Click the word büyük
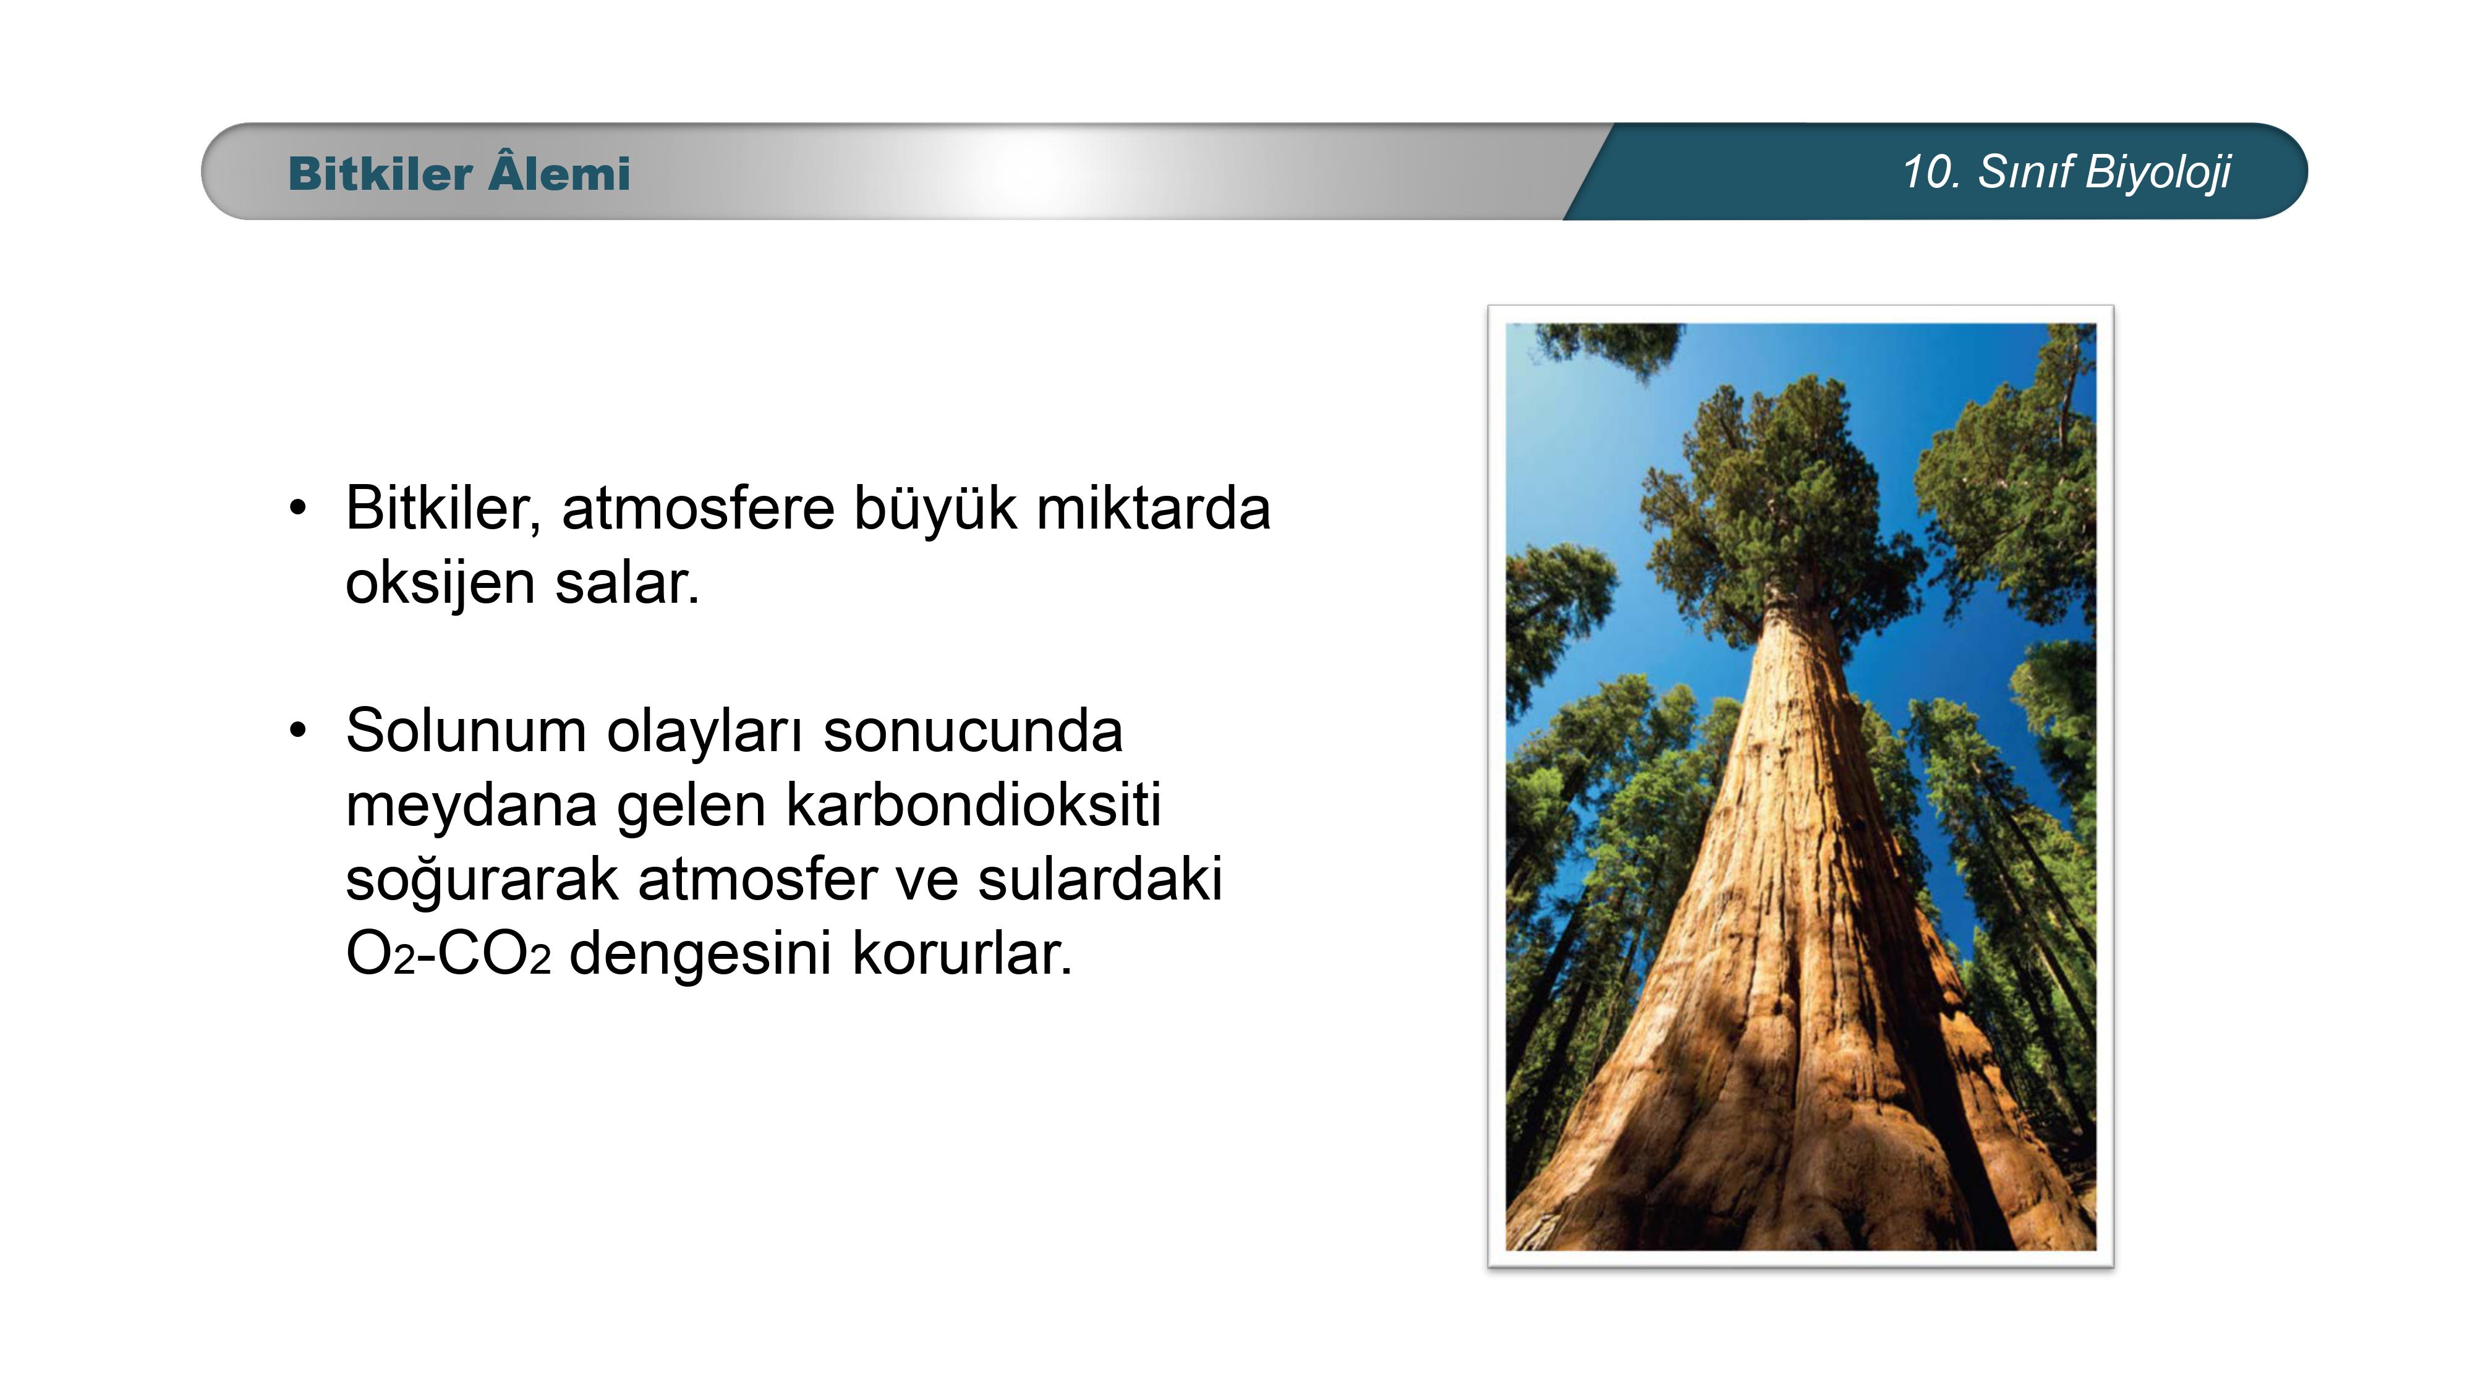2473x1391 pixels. pyautogui.click(x=935, y=511)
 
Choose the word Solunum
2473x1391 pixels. pyautogui.click(x=466, y=731)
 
